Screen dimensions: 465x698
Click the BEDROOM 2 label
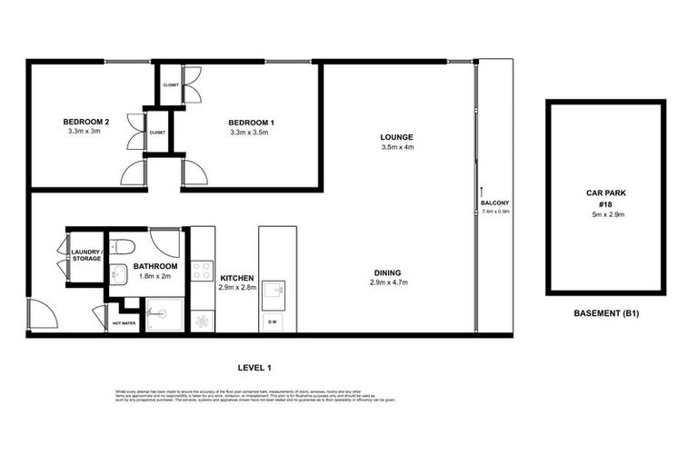[85, 122]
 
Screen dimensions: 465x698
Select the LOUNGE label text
[397, 137]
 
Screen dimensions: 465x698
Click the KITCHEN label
[235, 277]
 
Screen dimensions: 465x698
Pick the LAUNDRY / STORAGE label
[86, 255]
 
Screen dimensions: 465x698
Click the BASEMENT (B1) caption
[607, 314]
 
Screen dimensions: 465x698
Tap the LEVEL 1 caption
[255, 367]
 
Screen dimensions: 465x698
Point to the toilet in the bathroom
[122, 246]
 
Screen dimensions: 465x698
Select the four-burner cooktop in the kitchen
[203, 270]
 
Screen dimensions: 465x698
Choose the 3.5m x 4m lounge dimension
[397, 147]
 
